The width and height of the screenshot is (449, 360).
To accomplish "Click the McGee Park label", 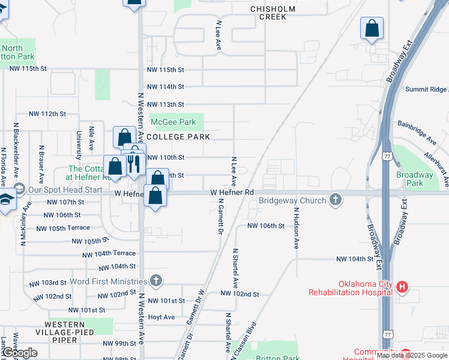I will [173, 122].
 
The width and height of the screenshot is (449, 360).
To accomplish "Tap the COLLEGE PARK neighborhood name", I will [178, 137].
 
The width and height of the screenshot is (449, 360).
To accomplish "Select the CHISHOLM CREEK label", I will [273, 13].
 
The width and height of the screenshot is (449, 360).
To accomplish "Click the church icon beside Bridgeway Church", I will [336, 200].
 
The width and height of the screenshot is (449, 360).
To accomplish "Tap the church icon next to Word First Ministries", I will [156, 281].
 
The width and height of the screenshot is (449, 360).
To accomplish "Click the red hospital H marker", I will [402, 288].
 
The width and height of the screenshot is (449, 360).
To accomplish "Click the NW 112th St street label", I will [47, 113].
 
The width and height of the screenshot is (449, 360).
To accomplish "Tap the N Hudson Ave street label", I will [296, 229].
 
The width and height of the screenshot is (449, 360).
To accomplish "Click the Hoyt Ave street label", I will [161, 317].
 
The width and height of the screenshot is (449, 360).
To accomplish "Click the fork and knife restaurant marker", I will [133, 163].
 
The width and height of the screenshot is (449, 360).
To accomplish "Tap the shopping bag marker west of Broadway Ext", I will [372, 28].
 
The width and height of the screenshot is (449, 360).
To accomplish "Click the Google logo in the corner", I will [20, 353].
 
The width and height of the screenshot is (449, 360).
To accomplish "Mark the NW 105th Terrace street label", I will [63, 228].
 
